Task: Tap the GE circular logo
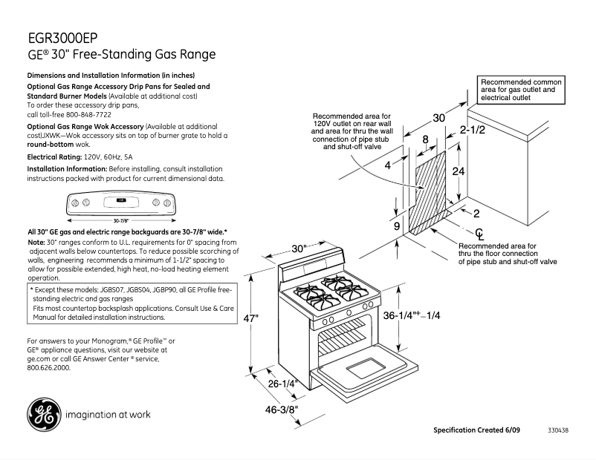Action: coord(44,415)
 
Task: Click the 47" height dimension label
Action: coord(252,318)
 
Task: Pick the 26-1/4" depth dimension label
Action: coord(282,384)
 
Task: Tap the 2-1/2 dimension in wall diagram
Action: coord(472,131)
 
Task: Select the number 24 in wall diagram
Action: coord(459,171)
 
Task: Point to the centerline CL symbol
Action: coord(479,234)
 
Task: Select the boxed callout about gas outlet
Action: coord(522,89)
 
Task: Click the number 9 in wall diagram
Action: coord(396,226)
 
